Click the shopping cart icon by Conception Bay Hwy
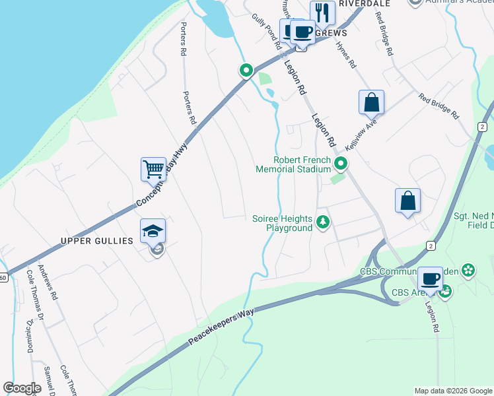click(153, 169)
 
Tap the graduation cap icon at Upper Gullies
click(153, 230)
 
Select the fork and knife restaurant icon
click(322, 12)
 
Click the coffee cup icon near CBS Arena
click(430, 279)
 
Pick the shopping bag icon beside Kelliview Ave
click(371, 102)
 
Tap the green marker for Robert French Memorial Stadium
click(341, 164)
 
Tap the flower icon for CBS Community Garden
click(468, 269)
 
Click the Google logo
click(22, 388)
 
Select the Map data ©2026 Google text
click(452, 391)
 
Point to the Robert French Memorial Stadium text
click(293, 164)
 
